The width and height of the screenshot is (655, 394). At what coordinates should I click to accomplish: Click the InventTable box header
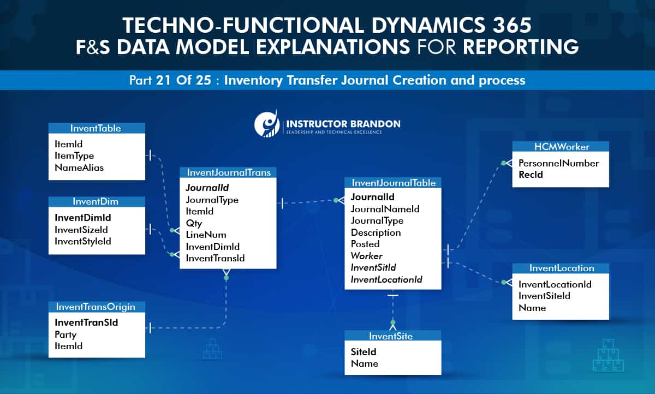tap(96, 128)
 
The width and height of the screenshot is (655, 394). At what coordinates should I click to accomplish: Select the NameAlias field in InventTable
tap(79, 168)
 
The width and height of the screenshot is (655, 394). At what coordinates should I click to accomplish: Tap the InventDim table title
tap(96, 202)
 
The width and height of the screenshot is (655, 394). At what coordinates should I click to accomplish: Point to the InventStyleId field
tap(83, 241)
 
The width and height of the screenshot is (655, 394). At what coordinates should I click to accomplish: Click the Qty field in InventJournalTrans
tap(194, 223)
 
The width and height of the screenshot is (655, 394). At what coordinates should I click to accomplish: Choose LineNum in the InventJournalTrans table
tap(198, 235)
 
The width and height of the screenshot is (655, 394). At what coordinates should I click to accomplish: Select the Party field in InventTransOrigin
tap(65, 335)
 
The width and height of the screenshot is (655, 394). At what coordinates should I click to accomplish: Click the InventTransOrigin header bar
tap(96, 306)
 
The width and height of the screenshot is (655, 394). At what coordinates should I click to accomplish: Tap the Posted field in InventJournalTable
tap(365, 244)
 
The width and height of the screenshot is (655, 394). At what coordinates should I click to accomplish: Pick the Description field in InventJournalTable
tap(376, 232)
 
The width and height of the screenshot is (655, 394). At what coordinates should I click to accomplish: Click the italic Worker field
tap(366, 256)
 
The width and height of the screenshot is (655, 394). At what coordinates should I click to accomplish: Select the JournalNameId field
tap(385, 209)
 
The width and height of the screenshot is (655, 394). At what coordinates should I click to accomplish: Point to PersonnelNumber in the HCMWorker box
tap(558, 163)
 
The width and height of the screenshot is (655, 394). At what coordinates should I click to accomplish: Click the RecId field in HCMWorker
tap(531, 175)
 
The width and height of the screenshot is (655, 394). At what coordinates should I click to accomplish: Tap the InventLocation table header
tap(561, 268)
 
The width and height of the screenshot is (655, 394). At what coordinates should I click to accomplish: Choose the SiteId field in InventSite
tap(364, 352)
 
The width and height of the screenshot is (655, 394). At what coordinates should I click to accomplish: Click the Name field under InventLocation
tap(532, 308)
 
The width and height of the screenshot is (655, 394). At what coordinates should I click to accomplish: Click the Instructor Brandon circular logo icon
tap(267, 123)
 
